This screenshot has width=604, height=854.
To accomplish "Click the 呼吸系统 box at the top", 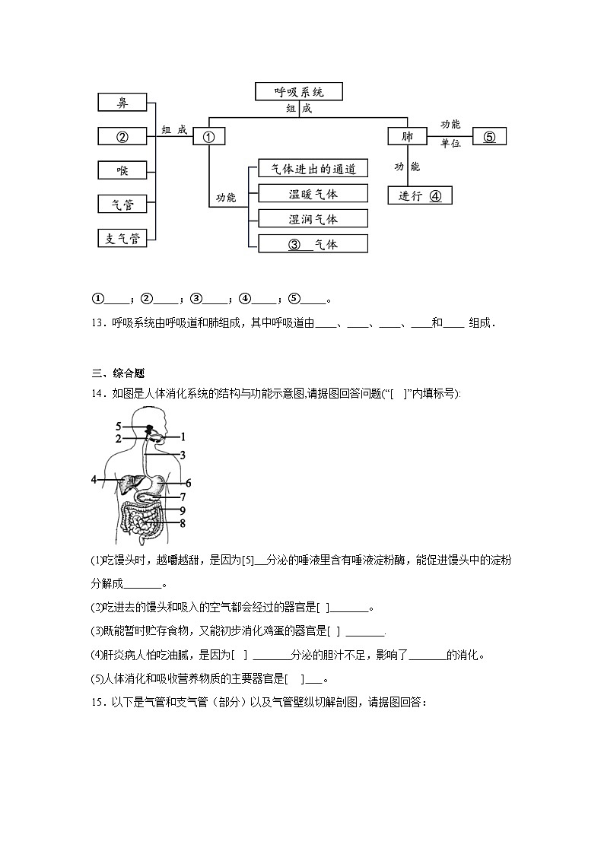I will (x=299, y=91).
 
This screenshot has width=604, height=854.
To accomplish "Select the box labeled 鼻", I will (x=122, y=103).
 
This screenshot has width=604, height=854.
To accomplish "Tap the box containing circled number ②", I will (x=122, y=136).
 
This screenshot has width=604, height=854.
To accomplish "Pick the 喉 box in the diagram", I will (x=122, y=170).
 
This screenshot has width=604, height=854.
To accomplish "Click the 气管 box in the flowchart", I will (x=122, y=204).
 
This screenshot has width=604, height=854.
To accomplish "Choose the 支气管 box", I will (x=122, y=238).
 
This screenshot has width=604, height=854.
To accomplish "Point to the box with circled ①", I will (x=209, y=137).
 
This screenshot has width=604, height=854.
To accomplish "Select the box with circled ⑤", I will (x=489, y=137).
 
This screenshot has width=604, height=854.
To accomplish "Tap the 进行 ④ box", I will (x=420, y=195).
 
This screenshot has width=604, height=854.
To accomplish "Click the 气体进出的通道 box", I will (x=313, y=168).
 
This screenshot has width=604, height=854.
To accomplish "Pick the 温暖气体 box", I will (x=313, y=193).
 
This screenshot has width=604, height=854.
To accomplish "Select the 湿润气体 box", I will (x=313, y=218).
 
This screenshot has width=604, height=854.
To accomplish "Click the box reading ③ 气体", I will (x=313, y=244).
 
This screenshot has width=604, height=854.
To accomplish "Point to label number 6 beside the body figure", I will (x=188, y=483).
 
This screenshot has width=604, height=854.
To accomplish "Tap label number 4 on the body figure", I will (x=94, y=480).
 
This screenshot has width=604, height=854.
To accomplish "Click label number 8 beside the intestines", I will (x=183, y=522).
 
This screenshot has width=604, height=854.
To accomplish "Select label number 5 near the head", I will (x=119, y=425).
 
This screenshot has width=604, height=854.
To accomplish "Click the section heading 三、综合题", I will (x=117, y=373).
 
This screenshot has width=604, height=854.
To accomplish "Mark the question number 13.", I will (x=97, y=322).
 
